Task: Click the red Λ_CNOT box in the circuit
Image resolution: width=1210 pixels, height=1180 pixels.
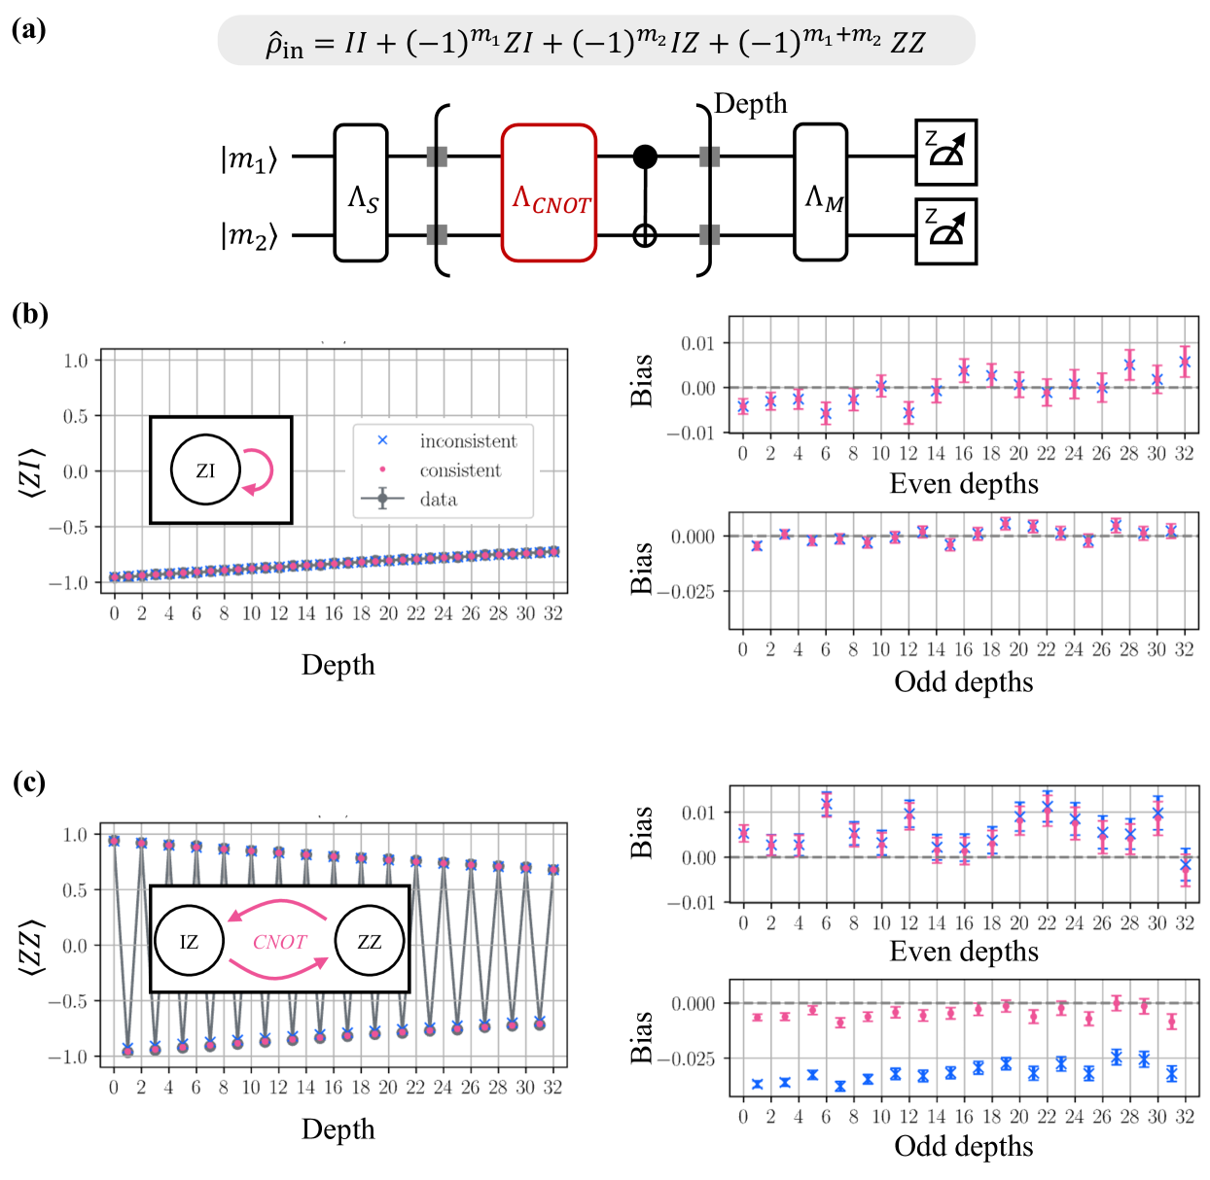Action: pyautogui.click(x=549, y=192)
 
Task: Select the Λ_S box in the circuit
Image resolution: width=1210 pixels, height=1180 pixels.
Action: pyautogui.click(x=361, y=192)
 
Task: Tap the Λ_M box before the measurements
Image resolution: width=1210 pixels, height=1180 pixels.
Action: pyautogui.click(x=821, y=192)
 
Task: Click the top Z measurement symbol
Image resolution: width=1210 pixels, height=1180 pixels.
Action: pyautogui.click(x=945, y=152)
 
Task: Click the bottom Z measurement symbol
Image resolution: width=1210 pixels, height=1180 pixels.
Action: pyautogui.click(x=945, y=231)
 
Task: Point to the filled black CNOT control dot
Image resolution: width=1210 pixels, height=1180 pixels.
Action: pyautogui.click(x=645, y=156)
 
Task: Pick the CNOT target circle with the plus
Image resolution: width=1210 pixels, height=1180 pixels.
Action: pyautogui.click(x=645, y=235)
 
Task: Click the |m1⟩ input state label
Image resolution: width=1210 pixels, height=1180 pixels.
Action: pyautogui.click(x=249, y=157)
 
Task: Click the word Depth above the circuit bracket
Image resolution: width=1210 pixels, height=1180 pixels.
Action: pyautogui.click(x=750, y=104)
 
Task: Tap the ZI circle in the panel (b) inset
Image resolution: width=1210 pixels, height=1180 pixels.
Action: pyautogui.click(x=205, y=470)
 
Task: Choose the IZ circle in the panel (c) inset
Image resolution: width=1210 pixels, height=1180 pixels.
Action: pyautogui.click(x=189, y=941)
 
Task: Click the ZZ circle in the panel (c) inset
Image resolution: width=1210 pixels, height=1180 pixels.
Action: pyautogui.click(x=369, y=941)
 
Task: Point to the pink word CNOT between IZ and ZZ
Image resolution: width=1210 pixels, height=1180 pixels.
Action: pyautogui.click(x=279, y=942)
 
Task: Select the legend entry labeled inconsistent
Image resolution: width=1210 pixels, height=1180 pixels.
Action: pyautogui.click(x=468, y=441)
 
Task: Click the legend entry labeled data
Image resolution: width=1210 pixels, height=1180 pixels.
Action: pyautogui.click(x=438, y=500)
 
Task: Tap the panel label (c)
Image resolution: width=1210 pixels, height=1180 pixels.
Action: pyautogui.click(x=29, y=783)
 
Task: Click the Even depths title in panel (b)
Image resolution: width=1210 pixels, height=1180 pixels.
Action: pyautogui.click(x=963, y=484)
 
